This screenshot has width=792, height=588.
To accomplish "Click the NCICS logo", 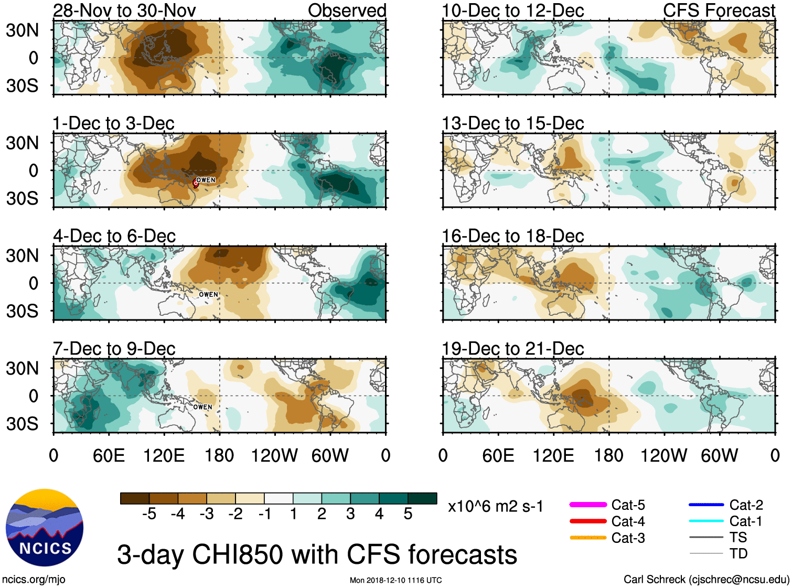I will pyautogui.click(x=45, y=528).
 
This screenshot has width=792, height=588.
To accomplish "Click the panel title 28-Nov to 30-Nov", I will pyautogui.click(x=124, y=10).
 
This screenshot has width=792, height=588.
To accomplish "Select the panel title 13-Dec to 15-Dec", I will pyautogui.click(x=512, y=123).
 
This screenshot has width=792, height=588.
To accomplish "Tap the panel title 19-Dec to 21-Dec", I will pyautogui.click(x=512, y=349).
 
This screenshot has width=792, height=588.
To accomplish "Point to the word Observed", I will pyautogui.click(x=347, y=10).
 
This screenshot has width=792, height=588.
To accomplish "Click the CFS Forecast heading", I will pyautogui.click(x=719, y=10).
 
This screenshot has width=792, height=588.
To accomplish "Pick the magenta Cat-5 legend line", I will pyautogui.click(x=588, y=505).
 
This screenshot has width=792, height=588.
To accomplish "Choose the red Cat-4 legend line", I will pyautogui.click(x=588, y=521).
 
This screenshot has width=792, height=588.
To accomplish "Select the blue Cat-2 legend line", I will pyautogui.click(x=706, y=505).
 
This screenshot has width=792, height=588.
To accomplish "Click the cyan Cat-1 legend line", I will pyautogui.click(x=706, y=521).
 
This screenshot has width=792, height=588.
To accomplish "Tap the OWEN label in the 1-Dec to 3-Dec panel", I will pyautogui.click(x=206, y=180).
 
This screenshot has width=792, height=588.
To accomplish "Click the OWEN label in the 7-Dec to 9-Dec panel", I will pyautogui.click(x=202, y=407).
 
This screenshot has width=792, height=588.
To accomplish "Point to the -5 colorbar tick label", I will pyautogui.click(x=149, y=514).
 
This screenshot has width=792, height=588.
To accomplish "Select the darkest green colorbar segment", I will pyautogui.click(x=422, y=498).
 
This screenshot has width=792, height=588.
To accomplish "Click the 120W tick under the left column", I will pyautogui.click(x=274, y=455).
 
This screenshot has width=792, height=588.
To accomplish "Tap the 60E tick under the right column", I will pyautogui.click(x=498, y=455).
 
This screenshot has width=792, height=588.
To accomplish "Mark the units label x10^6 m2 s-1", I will pyautogui.click(x=495, y=507).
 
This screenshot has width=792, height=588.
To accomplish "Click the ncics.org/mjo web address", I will pyautogui.click(x=34, y=580).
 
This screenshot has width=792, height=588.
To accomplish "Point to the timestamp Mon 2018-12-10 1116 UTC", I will pyautogui.click(x=395, y=580).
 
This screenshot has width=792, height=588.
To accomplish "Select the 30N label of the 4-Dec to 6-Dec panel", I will pyautogui.click(x=23, y=255).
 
